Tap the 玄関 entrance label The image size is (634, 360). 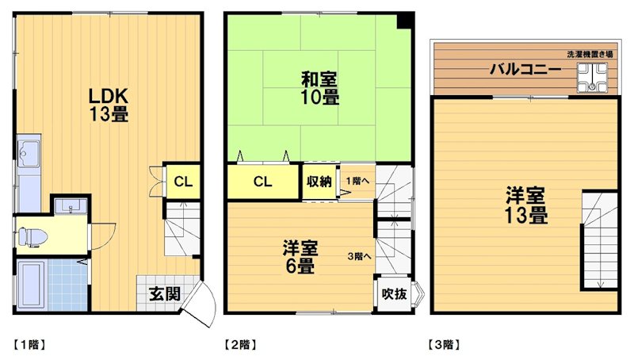click(164, 293)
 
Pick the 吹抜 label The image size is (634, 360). click(394, 294)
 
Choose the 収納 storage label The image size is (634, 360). click(319, 182)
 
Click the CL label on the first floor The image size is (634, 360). click(183, 182)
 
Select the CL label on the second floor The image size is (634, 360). click(263, 182)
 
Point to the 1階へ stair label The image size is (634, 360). click(355, 181)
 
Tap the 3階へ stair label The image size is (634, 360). click(360, 256)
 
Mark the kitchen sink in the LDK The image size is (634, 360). click(30, 151)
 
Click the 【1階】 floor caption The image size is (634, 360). click(30, 345)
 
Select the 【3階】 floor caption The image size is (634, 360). click(444, 345)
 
